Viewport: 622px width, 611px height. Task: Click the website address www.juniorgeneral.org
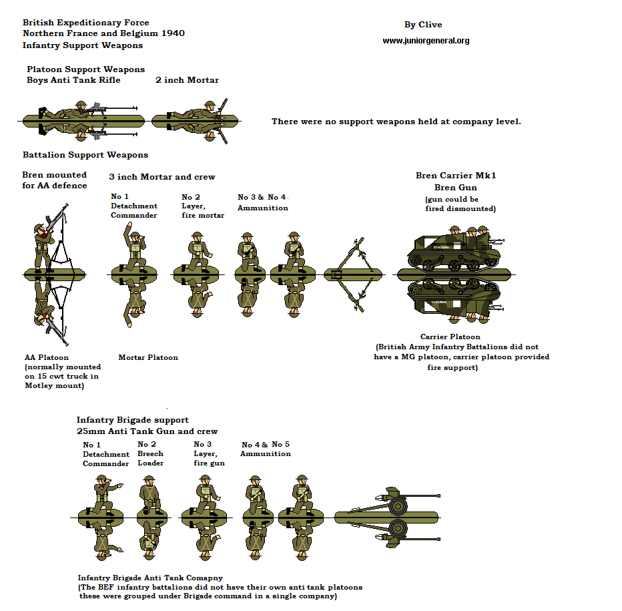pos(426,41)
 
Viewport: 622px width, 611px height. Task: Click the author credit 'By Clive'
pos(423,25)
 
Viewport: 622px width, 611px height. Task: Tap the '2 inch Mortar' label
pos(187,80)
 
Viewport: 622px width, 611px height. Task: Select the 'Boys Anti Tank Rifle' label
pos(73,80)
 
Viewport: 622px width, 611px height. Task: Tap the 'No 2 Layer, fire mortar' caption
pos(203,206)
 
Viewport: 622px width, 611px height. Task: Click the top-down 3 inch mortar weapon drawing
pos(354,274)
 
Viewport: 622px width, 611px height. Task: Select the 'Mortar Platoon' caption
pos(148,357)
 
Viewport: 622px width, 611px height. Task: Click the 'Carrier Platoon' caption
pos(450,337)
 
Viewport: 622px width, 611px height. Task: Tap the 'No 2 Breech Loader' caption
pos(150,453)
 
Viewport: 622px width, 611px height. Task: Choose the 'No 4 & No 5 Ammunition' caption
pos(265,449)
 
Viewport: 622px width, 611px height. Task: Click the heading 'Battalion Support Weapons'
pos(85,155)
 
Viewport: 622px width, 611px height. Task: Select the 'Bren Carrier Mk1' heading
pos(456,176)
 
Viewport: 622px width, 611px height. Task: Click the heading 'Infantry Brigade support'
pos(132,420)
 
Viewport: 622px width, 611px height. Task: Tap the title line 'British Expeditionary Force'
pos(85,23)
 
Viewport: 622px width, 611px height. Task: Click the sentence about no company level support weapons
pos(396,122)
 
